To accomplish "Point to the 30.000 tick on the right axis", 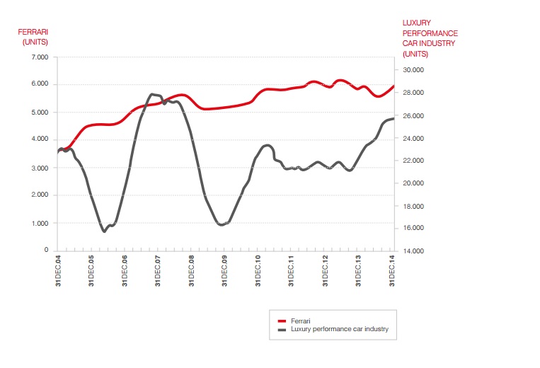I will point(413,70).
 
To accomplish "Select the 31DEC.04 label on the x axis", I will point(58,272).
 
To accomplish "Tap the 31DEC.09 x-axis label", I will point(225,272).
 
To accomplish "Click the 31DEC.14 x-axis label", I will point(392,272).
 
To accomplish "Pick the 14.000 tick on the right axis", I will point(413,251).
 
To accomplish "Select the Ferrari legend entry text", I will point(301,321).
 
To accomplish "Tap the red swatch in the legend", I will point(281,321).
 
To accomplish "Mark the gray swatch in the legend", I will point(281,330).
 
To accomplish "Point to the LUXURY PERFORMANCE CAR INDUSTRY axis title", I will point(430,38).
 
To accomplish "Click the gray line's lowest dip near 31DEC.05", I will point(104,231).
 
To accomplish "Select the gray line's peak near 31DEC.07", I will point(152,94).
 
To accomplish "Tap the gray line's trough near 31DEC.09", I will point(222,224).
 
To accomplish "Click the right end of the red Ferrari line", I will point(393,86).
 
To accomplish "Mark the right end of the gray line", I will point(393,118).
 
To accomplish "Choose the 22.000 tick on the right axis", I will point(413,161).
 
